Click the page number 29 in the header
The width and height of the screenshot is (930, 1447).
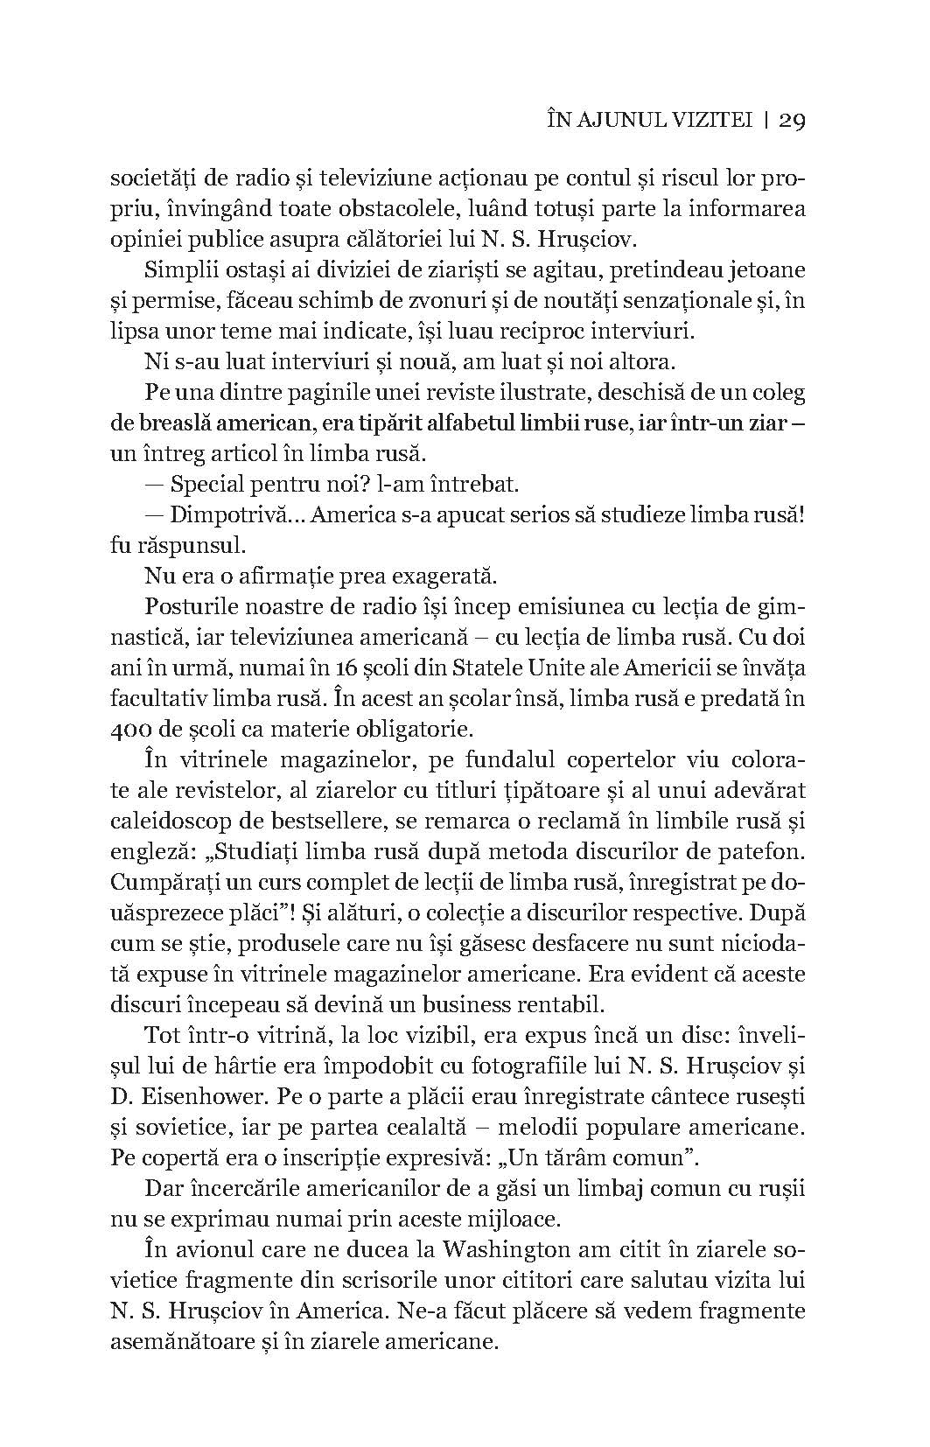tap(790, 122)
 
